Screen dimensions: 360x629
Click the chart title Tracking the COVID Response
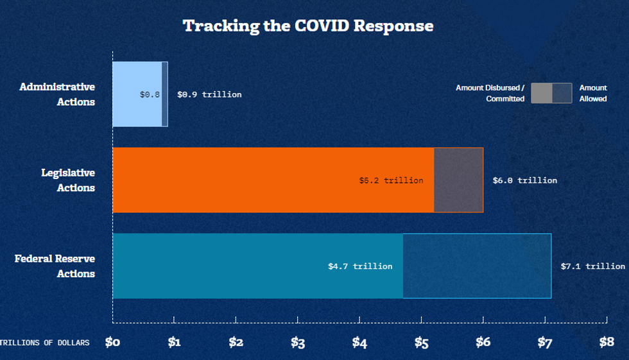click(308, 26)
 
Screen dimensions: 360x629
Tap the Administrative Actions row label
click(57, 94)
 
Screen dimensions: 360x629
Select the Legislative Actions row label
click(67, 180)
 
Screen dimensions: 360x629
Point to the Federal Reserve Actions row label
click(55, 266)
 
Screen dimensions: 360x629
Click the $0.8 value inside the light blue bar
click(150, 94)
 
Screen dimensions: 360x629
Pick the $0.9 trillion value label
click(209, 94)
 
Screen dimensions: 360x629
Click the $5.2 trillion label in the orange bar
click(391, 180)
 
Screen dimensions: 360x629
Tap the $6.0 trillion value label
click(524, 180)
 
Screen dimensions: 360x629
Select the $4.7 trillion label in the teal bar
click(359, 266)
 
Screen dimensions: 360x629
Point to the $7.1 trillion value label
click(592, 266)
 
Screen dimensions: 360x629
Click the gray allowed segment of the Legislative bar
click(458, 180)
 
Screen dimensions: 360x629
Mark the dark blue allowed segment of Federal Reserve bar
click(477, 266)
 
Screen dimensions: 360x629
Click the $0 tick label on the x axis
click(112, 342)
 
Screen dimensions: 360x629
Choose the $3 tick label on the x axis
click(297, 342)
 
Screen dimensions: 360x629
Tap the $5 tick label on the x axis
click(421, 342)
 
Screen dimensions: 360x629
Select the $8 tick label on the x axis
click(607, 342)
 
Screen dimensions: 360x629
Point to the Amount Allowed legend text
click(593, 93)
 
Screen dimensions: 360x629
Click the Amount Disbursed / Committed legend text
click(490, 93)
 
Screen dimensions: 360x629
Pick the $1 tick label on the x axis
click(174, 342)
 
